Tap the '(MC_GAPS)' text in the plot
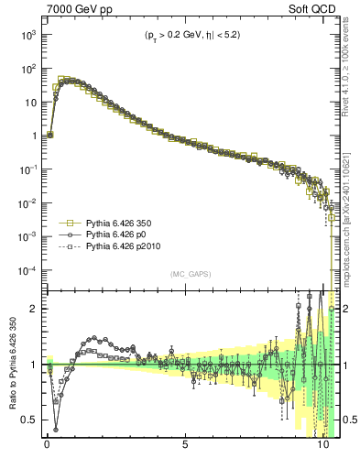tap(190, 274)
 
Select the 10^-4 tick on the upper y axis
tap(27, 270)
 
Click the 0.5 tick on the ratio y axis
tap(30, 420)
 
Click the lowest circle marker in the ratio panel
tap(56, 429)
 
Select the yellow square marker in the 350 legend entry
tap(67, 223)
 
